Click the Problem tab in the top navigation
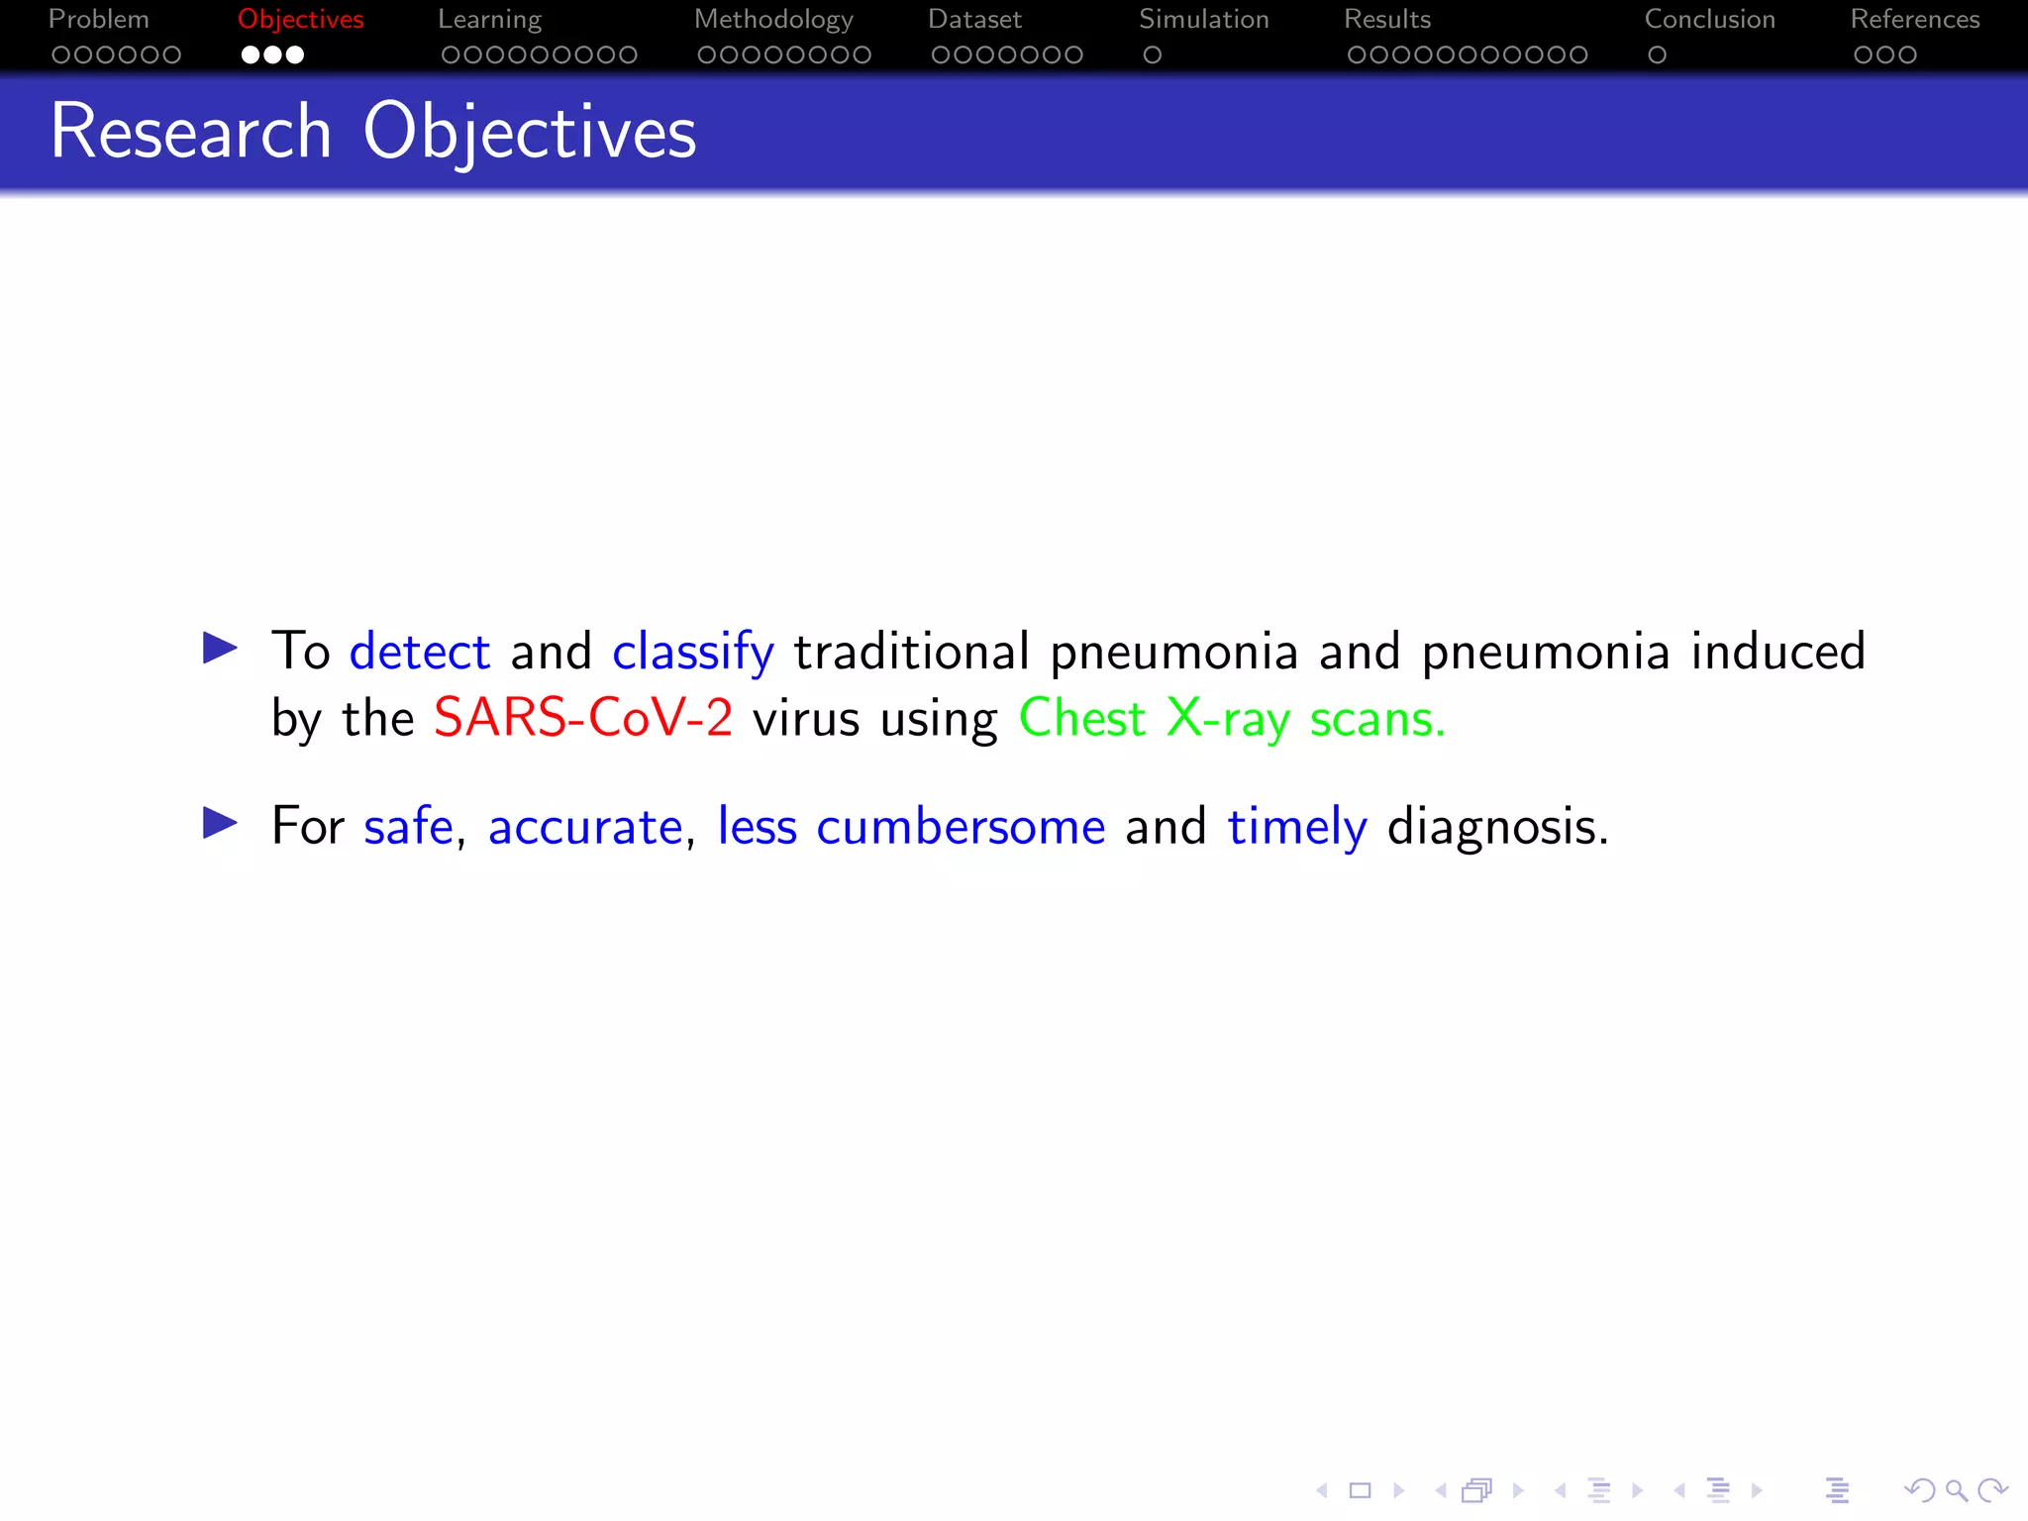pos(99,20)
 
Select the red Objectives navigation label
pos(300,20)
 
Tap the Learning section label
pos(489,20)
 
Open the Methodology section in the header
pos(773,20)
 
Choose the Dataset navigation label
pos(974,20)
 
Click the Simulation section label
pos(1203,20)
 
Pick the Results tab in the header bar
pos(1386,20)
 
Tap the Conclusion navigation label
pos(1709,20)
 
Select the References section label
pos(1914,20)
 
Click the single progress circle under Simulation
pos(1152,55)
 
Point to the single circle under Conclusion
pos(1657,55)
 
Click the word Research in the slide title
pos(190,132)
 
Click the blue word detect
pos(420,652)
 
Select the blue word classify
pos(692,652)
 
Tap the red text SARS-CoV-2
pos(583,718)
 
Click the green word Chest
pos(1081,718)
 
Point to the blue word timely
pos(1296,827)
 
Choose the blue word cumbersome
pos(961,827)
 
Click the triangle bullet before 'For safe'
pos(220,822)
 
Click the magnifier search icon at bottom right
pos(1956,1490)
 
